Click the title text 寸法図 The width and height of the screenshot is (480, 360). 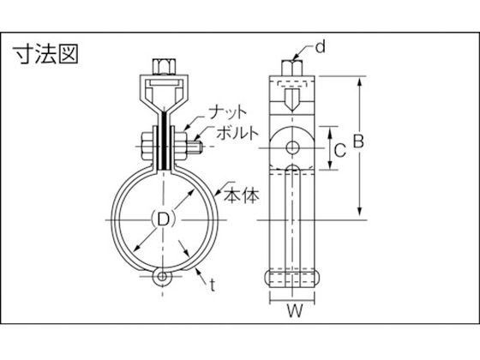(x=46, y=54)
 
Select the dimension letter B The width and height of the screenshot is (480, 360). (x=359, y=141)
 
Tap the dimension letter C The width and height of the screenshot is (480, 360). (x=340, y=150)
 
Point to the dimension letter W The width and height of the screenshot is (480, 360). (x=295, y=310)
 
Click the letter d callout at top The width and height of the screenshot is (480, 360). (x=321, y=47)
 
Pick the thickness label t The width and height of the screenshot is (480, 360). (x=213, y=285)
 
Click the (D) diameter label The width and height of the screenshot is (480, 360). (x=164, y=219)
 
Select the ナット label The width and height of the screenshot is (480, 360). (x=227, y=112)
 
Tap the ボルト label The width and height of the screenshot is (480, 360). (x=237, y=133)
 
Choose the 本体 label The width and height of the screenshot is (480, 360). (x=242, y=196)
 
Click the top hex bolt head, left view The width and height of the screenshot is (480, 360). (x=164, y=67)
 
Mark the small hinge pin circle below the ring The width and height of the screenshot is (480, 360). (x=162, y=277)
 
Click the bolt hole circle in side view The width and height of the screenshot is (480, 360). (x=292, y=147)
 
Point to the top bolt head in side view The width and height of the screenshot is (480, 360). (x=292, y=68)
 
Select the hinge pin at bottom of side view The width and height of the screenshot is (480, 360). (x=292, y=278)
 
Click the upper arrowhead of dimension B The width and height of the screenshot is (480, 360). (x=360, y=83)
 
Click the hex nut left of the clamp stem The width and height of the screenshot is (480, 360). (x=147, y=146)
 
